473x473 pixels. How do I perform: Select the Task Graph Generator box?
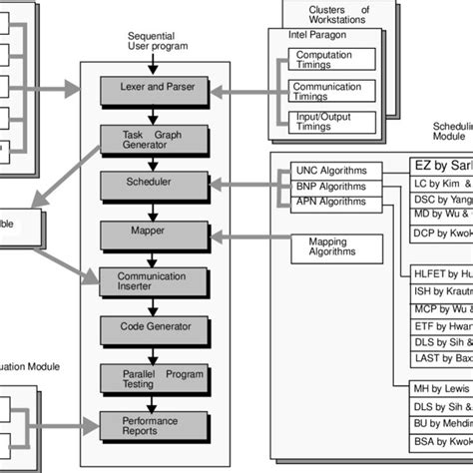[155, 139]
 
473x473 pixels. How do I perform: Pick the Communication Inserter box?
[155, 279]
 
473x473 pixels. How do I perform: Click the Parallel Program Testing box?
[155, 376]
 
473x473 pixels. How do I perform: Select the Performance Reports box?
[155, 425]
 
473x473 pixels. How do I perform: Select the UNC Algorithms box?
[329, 170]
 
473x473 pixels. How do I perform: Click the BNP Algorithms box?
[329, 187]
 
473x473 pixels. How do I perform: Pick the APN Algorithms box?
[329, 203]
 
